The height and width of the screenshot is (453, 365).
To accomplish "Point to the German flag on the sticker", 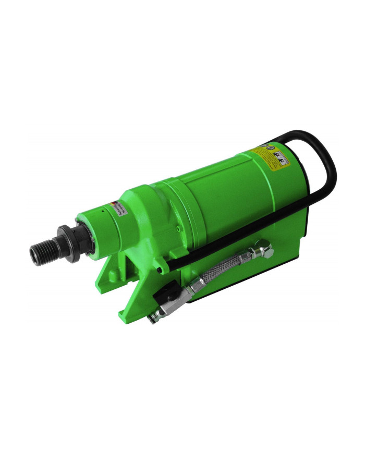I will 114,204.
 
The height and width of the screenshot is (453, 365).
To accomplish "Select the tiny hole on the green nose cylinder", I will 103,212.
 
